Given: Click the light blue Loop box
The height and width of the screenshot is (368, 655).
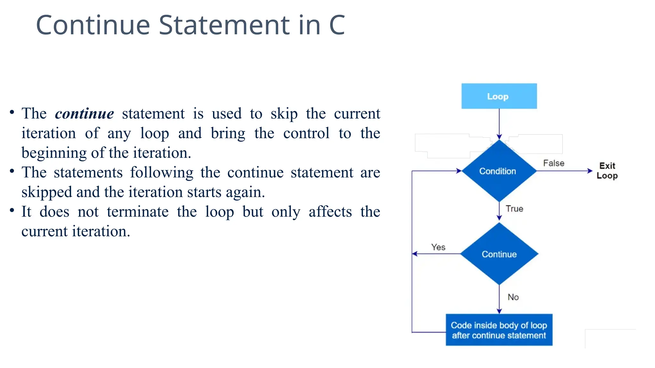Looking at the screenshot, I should tap(499, 96).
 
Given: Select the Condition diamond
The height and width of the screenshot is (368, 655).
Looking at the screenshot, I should tap(498, 171).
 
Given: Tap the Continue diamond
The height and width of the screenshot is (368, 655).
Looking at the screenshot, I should tap(499, 254).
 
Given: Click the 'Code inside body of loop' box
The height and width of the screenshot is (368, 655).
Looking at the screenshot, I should tap(499, 330).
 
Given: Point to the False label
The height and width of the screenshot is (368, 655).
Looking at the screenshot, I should tap(554, 163).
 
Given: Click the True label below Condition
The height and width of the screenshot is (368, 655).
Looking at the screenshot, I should tap(514, 209).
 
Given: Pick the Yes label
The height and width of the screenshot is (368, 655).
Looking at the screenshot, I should tap(438, 247).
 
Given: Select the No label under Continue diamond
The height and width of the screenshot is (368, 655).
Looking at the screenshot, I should tap(513, 297).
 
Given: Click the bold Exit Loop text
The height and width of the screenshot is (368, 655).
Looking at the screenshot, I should tap(607, 171).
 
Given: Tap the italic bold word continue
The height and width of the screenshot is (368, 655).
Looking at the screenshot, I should tap(84, 114).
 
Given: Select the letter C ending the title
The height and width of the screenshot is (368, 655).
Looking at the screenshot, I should tap(337, 25).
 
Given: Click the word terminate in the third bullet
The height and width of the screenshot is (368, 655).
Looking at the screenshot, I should tap(138, 212).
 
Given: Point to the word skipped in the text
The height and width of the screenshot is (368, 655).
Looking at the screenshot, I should tap(47, 192).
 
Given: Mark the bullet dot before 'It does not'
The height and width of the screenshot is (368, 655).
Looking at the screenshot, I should tap(12, 210).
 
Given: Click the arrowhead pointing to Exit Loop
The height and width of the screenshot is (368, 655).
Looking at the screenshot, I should tap(590, 171).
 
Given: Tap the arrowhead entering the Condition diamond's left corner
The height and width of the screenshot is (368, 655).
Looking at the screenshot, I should tap(459, 171).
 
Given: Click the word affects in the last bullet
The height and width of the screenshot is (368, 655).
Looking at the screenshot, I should tap(330, 212).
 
